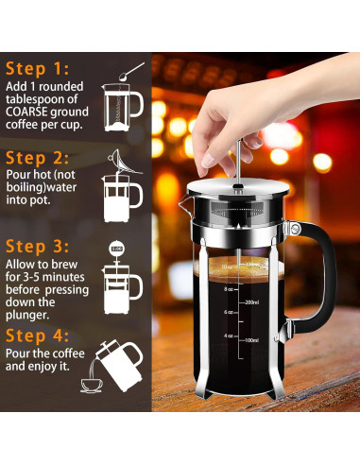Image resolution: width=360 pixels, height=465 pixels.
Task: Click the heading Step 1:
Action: coord(37,69)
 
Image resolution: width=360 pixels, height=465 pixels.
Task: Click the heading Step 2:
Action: coord(38,157)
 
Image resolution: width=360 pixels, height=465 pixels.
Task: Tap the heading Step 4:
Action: coord(38,336)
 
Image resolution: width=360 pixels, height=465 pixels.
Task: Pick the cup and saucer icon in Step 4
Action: coord(92,385)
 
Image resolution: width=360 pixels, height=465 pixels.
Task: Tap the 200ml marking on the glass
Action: coord(251,302)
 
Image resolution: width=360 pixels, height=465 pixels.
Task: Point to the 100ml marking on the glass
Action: coord(251,339)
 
